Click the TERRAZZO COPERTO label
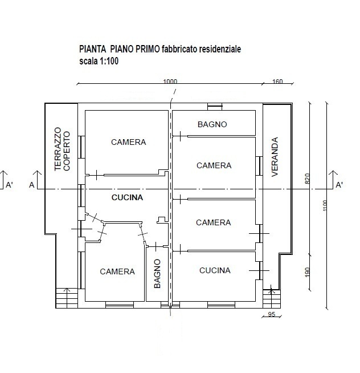point(62,149)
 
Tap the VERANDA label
point(275,157)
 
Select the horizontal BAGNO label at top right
point(212,124)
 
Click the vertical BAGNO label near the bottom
point(157,274)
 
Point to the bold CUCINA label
point(127,197)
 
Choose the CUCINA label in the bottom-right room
point(215,270)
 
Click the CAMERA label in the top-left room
point(128,142)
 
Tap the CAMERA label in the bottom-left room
point(117,271)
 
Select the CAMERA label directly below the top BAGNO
point(214,165)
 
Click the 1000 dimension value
point(170,82)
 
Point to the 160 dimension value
point(277,82)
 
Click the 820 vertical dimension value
point(307,179)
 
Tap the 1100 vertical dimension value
point(325,205)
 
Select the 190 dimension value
point(307,272)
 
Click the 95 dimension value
point(271,314)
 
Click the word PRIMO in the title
point(148,49)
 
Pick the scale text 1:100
point(109,61)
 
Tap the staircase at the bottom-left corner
point(67,298)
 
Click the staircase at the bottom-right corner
point(272,299)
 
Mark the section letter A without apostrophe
point(31,185)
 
